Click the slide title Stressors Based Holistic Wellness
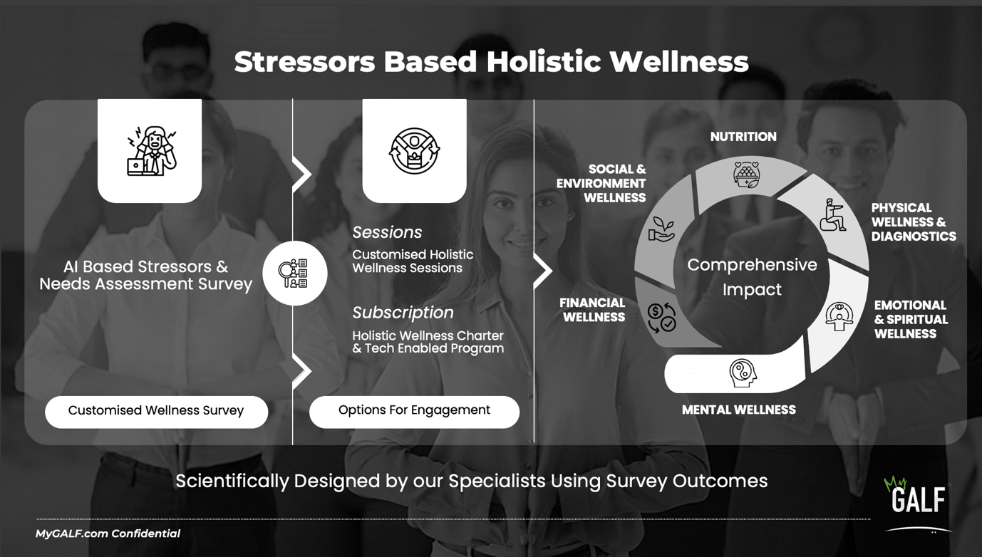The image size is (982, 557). pos(491,61)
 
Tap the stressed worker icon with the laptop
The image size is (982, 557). pos(152,151)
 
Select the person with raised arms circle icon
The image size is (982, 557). pos(414,151)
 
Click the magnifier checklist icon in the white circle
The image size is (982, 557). pos(293,273)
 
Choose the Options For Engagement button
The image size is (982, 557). pos(414,412)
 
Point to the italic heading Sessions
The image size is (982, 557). pos(387,232)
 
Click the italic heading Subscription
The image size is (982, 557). pos(403,313)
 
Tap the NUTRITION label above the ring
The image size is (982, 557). pos(743,137)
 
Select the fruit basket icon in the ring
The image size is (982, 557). pos(747,175)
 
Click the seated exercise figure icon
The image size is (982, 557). pos(832,214)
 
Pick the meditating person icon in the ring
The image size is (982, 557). pos(839,316)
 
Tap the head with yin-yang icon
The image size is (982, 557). pos(743,373)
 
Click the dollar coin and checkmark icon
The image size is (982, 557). pos(661,317)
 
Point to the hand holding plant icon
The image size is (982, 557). pos(661,229)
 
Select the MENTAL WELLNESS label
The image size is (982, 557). pos(739,410)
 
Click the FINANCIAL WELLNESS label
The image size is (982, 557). pos(592,310)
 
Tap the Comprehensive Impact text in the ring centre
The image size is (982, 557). pos(752,277)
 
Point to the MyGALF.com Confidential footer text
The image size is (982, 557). pos(108,533)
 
